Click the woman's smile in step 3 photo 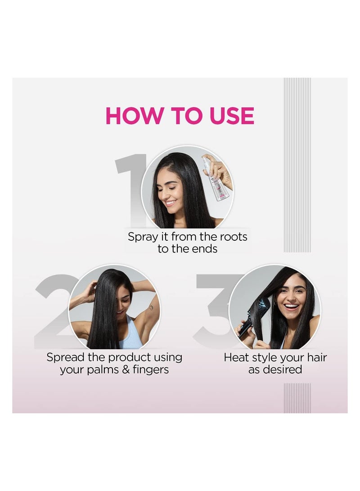[x=292, y=307]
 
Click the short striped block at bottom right [x=297, y=398]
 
